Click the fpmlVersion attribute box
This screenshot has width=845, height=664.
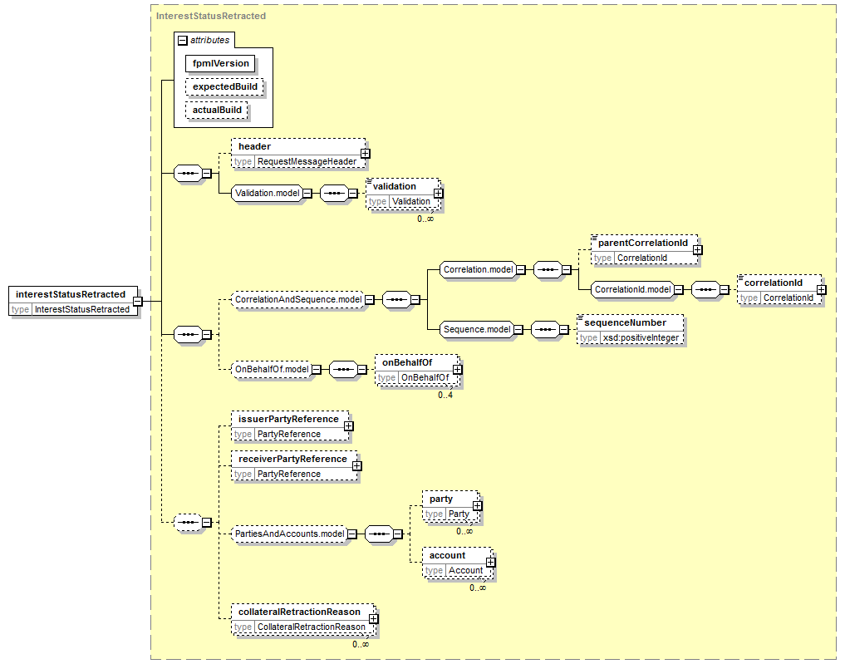tap(220, 64)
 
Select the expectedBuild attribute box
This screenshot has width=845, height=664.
tap(224, 86)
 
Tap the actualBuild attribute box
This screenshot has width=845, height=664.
tap(217, 110)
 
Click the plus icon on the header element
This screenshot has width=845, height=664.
tap(366, 154)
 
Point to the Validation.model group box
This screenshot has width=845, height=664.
tap(267, 193)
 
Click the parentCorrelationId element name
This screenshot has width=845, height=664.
tap(643, 243)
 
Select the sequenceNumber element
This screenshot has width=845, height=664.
tap(630, 330)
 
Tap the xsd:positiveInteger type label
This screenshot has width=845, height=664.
tap(641, 338)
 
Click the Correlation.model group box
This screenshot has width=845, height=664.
tap(478, 269)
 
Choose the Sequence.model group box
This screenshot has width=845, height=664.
tap(476, 329)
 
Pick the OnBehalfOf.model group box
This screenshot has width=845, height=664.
tap(272, 369)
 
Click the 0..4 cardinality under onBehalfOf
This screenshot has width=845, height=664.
tap(445, 395)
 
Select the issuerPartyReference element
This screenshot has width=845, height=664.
tap(290, 426)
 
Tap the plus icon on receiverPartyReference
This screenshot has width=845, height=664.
tap(356, 465)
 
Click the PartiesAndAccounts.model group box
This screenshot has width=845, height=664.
tap(289, 534)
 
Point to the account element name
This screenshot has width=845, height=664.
tap(447, 556)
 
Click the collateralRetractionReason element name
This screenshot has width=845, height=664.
tap(299, 612)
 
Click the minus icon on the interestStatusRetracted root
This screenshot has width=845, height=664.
tap(138, 302)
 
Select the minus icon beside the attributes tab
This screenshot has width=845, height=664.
tap(183, 41)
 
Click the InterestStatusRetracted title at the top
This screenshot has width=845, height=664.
tap(211, 16)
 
